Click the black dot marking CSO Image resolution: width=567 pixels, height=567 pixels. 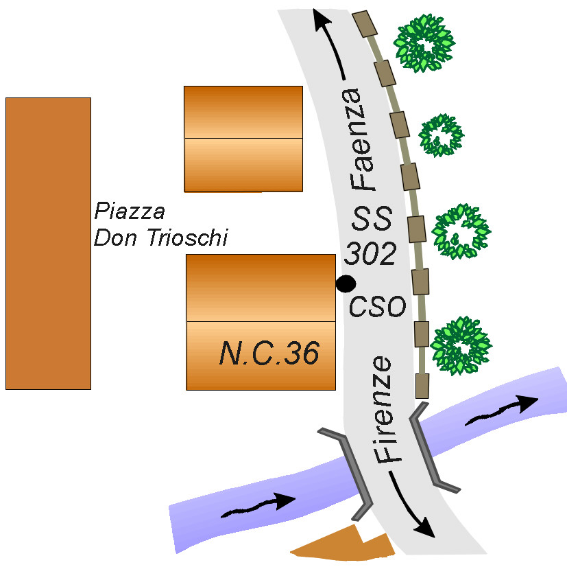coord(346,283)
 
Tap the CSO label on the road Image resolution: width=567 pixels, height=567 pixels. coord(377,306)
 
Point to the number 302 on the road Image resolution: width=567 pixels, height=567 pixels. coord(370,253)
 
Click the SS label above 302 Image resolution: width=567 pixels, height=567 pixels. coord(372,218)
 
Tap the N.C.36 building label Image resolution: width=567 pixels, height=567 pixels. coord(269,353)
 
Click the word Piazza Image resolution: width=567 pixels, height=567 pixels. coord(130,211)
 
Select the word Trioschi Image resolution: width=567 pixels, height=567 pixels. coord(188,238)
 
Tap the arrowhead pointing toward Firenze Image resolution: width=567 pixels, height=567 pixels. coord(425,528)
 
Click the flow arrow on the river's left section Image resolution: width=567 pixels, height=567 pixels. coord(258,505)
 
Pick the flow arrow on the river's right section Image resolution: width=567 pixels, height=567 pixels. coord(502,410)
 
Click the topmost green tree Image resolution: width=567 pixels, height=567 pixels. coord(424,43)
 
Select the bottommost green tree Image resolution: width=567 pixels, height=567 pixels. coord(461,346)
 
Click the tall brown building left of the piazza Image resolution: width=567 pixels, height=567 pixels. coord(48,244)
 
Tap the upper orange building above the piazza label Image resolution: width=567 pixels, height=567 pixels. coord(243,139)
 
